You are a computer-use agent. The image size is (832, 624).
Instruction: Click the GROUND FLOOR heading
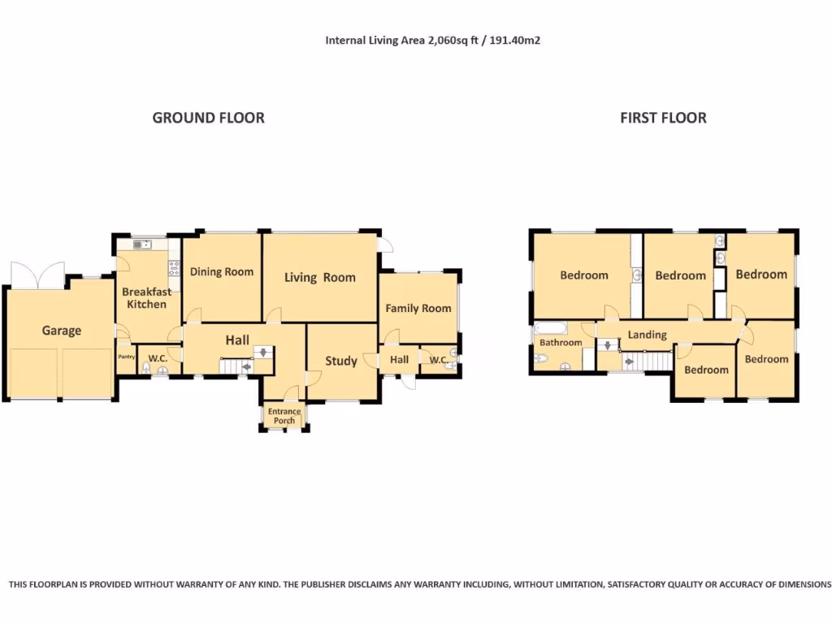(209, 118)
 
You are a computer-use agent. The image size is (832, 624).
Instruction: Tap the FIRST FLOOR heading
(663, 118)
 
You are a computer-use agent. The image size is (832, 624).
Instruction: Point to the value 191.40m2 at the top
(514, 41)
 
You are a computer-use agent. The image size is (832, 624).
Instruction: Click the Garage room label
(62, 331)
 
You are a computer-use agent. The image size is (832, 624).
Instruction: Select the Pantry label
(126, 357)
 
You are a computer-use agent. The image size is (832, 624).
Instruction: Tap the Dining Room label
(222, 271)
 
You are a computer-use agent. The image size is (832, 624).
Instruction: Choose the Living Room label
(320, 278)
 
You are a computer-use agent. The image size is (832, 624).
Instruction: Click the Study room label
(341, 361)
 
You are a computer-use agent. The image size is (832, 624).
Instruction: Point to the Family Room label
(418, 308)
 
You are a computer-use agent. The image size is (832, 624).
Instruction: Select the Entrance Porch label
(284, 416)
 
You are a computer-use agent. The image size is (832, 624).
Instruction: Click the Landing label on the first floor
(648, 335)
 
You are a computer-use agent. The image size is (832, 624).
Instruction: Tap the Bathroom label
(561, 343)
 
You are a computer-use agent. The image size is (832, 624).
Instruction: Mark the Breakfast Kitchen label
(146, 297)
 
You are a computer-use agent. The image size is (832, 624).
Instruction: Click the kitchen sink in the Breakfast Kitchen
(142, 245)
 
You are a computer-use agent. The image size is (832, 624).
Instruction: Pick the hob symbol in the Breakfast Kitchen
(174, 267)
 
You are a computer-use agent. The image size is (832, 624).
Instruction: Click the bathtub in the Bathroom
(551, 328)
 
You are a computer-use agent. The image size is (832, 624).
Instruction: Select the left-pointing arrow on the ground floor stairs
(247, 366)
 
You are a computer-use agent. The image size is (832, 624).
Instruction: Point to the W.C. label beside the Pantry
(158, 358)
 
